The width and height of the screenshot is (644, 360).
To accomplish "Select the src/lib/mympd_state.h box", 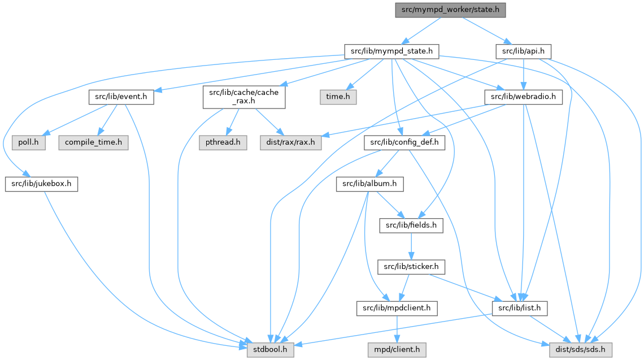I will pyautogui.click(x=391, y=52).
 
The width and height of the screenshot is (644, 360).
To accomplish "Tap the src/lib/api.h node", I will pyautogui.click(x=523, y=52).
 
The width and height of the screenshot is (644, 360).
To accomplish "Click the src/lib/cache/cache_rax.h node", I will pyautogui.click(x=245, y=97).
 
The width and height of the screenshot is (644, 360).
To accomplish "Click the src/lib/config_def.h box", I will pyautogui.click(x=404, y=142).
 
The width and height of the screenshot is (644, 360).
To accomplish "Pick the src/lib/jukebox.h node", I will pyautogui.click(x=42, y=184).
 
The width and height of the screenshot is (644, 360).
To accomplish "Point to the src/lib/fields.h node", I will pyautogui.click(x=411, y=226).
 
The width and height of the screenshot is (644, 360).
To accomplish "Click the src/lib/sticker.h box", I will pyautogui.click(x=411, y=266).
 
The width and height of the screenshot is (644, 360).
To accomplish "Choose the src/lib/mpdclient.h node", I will pyautogui.click(x=397, y=308).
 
